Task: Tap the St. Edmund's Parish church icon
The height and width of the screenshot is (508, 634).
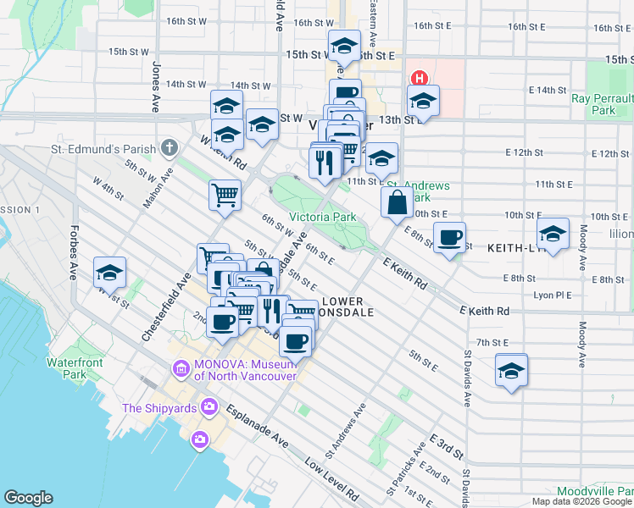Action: [x=170, y=149]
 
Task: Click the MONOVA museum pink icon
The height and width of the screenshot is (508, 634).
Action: [x=180, y=369]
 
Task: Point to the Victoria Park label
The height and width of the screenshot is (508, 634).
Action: [x=322, y=217]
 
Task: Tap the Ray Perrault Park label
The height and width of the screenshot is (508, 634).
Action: [x=603, y=104]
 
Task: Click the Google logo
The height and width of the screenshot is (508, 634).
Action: [x=28, y=497]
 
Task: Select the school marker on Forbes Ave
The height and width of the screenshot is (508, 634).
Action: [x=109, y=273]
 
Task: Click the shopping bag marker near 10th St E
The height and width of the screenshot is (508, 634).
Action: [x=397, y=202]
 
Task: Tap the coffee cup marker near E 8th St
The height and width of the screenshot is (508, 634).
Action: [x=449, y=237]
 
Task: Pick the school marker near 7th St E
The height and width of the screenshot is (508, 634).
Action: [x=511, y=370]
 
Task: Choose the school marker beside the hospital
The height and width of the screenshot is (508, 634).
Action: [x=423, y=101]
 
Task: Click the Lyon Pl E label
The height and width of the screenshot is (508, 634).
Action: [x=553, y=295]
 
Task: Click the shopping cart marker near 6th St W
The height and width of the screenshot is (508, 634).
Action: [x=225, y=194]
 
